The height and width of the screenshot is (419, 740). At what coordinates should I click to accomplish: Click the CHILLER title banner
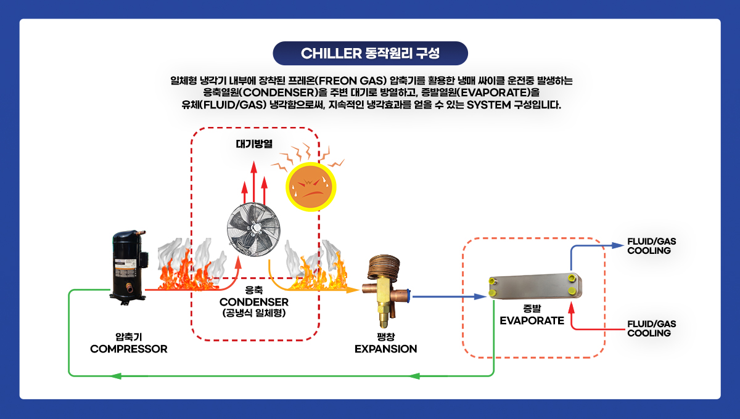[370, 53]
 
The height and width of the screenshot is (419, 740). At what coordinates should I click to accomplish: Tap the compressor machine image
[129, 267]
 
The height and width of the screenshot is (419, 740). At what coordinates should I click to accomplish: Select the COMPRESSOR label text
[129, 349]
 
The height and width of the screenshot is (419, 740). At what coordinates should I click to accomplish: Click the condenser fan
[253, 229]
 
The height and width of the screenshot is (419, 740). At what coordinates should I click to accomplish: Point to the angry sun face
[311, 187]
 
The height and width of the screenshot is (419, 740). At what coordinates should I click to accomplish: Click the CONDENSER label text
[253, 302]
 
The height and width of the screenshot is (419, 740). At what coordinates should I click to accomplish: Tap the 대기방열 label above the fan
[254, 144]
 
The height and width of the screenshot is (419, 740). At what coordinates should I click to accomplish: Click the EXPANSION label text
[386, 349]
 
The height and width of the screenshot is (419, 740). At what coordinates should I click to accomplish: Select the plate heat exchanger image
[535, 286]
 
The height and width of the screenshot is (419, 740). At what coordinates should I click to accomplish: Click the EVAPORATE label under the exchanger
[532, 320]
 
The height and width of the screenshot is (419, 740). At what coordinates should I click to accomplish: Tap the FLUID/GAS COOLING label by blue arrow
[651, 246]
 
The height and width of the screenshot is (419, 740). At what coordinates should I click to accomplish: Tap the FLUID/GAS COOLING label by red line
[651, 328]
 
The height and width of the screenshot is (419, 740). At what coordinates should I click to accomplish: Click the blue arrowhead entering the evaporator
[480, 296]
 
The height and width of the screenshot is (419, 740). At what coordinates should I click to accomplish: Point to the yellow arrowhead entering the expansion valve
[353, 290]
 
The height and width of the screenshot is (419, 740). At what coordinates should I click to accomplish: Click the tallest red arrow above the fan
[253, 182]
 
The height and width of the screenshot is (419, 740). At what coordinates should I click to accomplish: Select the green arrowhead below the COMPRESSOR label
[116, 376]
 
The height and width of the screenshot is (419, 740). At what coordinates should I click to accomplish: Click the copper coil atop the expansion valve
[384, 266]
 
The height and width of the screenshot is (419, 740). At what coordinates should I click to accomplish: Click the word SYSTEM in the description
[488, 105]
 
